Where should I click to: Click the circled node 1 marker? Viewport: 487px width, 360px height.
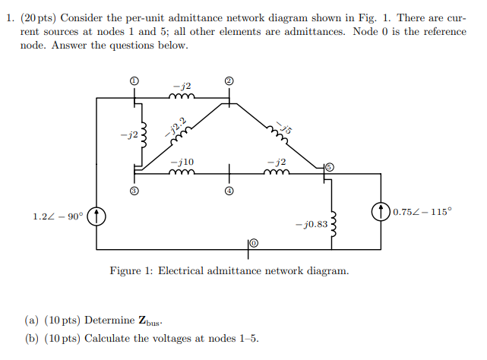pyautogui.click(x=134, y=81)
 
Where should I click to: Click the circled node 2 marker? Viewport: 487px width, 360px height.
pyautogui.click(x=229, y=81)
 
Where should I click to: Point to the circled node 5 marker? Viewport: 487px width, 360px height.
pyautogui.click(x=329, y=166)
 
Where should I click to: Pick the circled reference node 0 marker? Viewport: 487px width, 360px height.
pyautogui.click(x=254, y=242)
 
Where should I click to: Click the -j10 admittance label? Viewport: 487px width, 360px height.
pyautogui.click(x=182, y=162)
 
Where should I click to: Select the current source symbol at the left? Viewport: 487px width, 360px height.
pyautogui.click(x=96, y=216)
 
